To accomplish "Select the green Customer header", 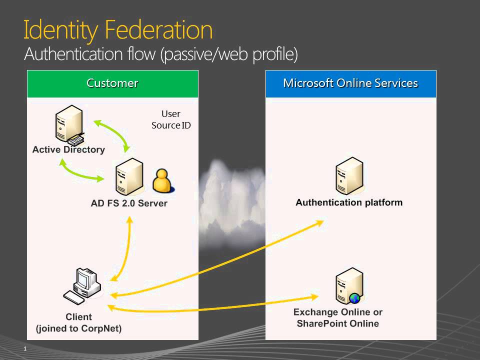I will [112, 83].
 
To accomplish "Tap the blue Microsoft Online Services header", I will [350, 83].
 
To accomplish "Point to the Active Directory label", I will [68, 149].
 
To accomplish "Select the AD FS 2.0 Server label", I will [129, 203].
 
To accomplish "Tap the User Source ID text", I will [171, 119].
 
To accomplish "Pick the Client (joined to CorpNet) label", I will [79, 322].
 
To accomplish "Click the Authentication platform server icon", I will [348, 176].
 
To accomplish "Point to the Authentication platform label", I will [349, 202].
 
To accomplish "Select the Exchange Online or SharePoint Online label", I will [338, 317].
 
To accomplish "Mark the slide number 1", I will [24, 348].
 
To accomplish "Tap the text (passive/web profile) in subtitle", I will [228, 54].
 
